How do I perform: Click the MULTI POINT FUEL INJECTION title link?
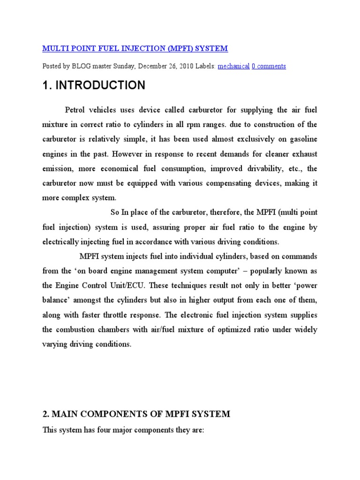[135, 48]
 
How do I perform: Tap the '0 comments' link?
[269, 66]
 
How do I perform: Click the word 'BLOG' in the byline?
[82, 66]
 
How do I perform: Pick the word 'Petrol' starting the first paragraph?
[75, 110]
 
